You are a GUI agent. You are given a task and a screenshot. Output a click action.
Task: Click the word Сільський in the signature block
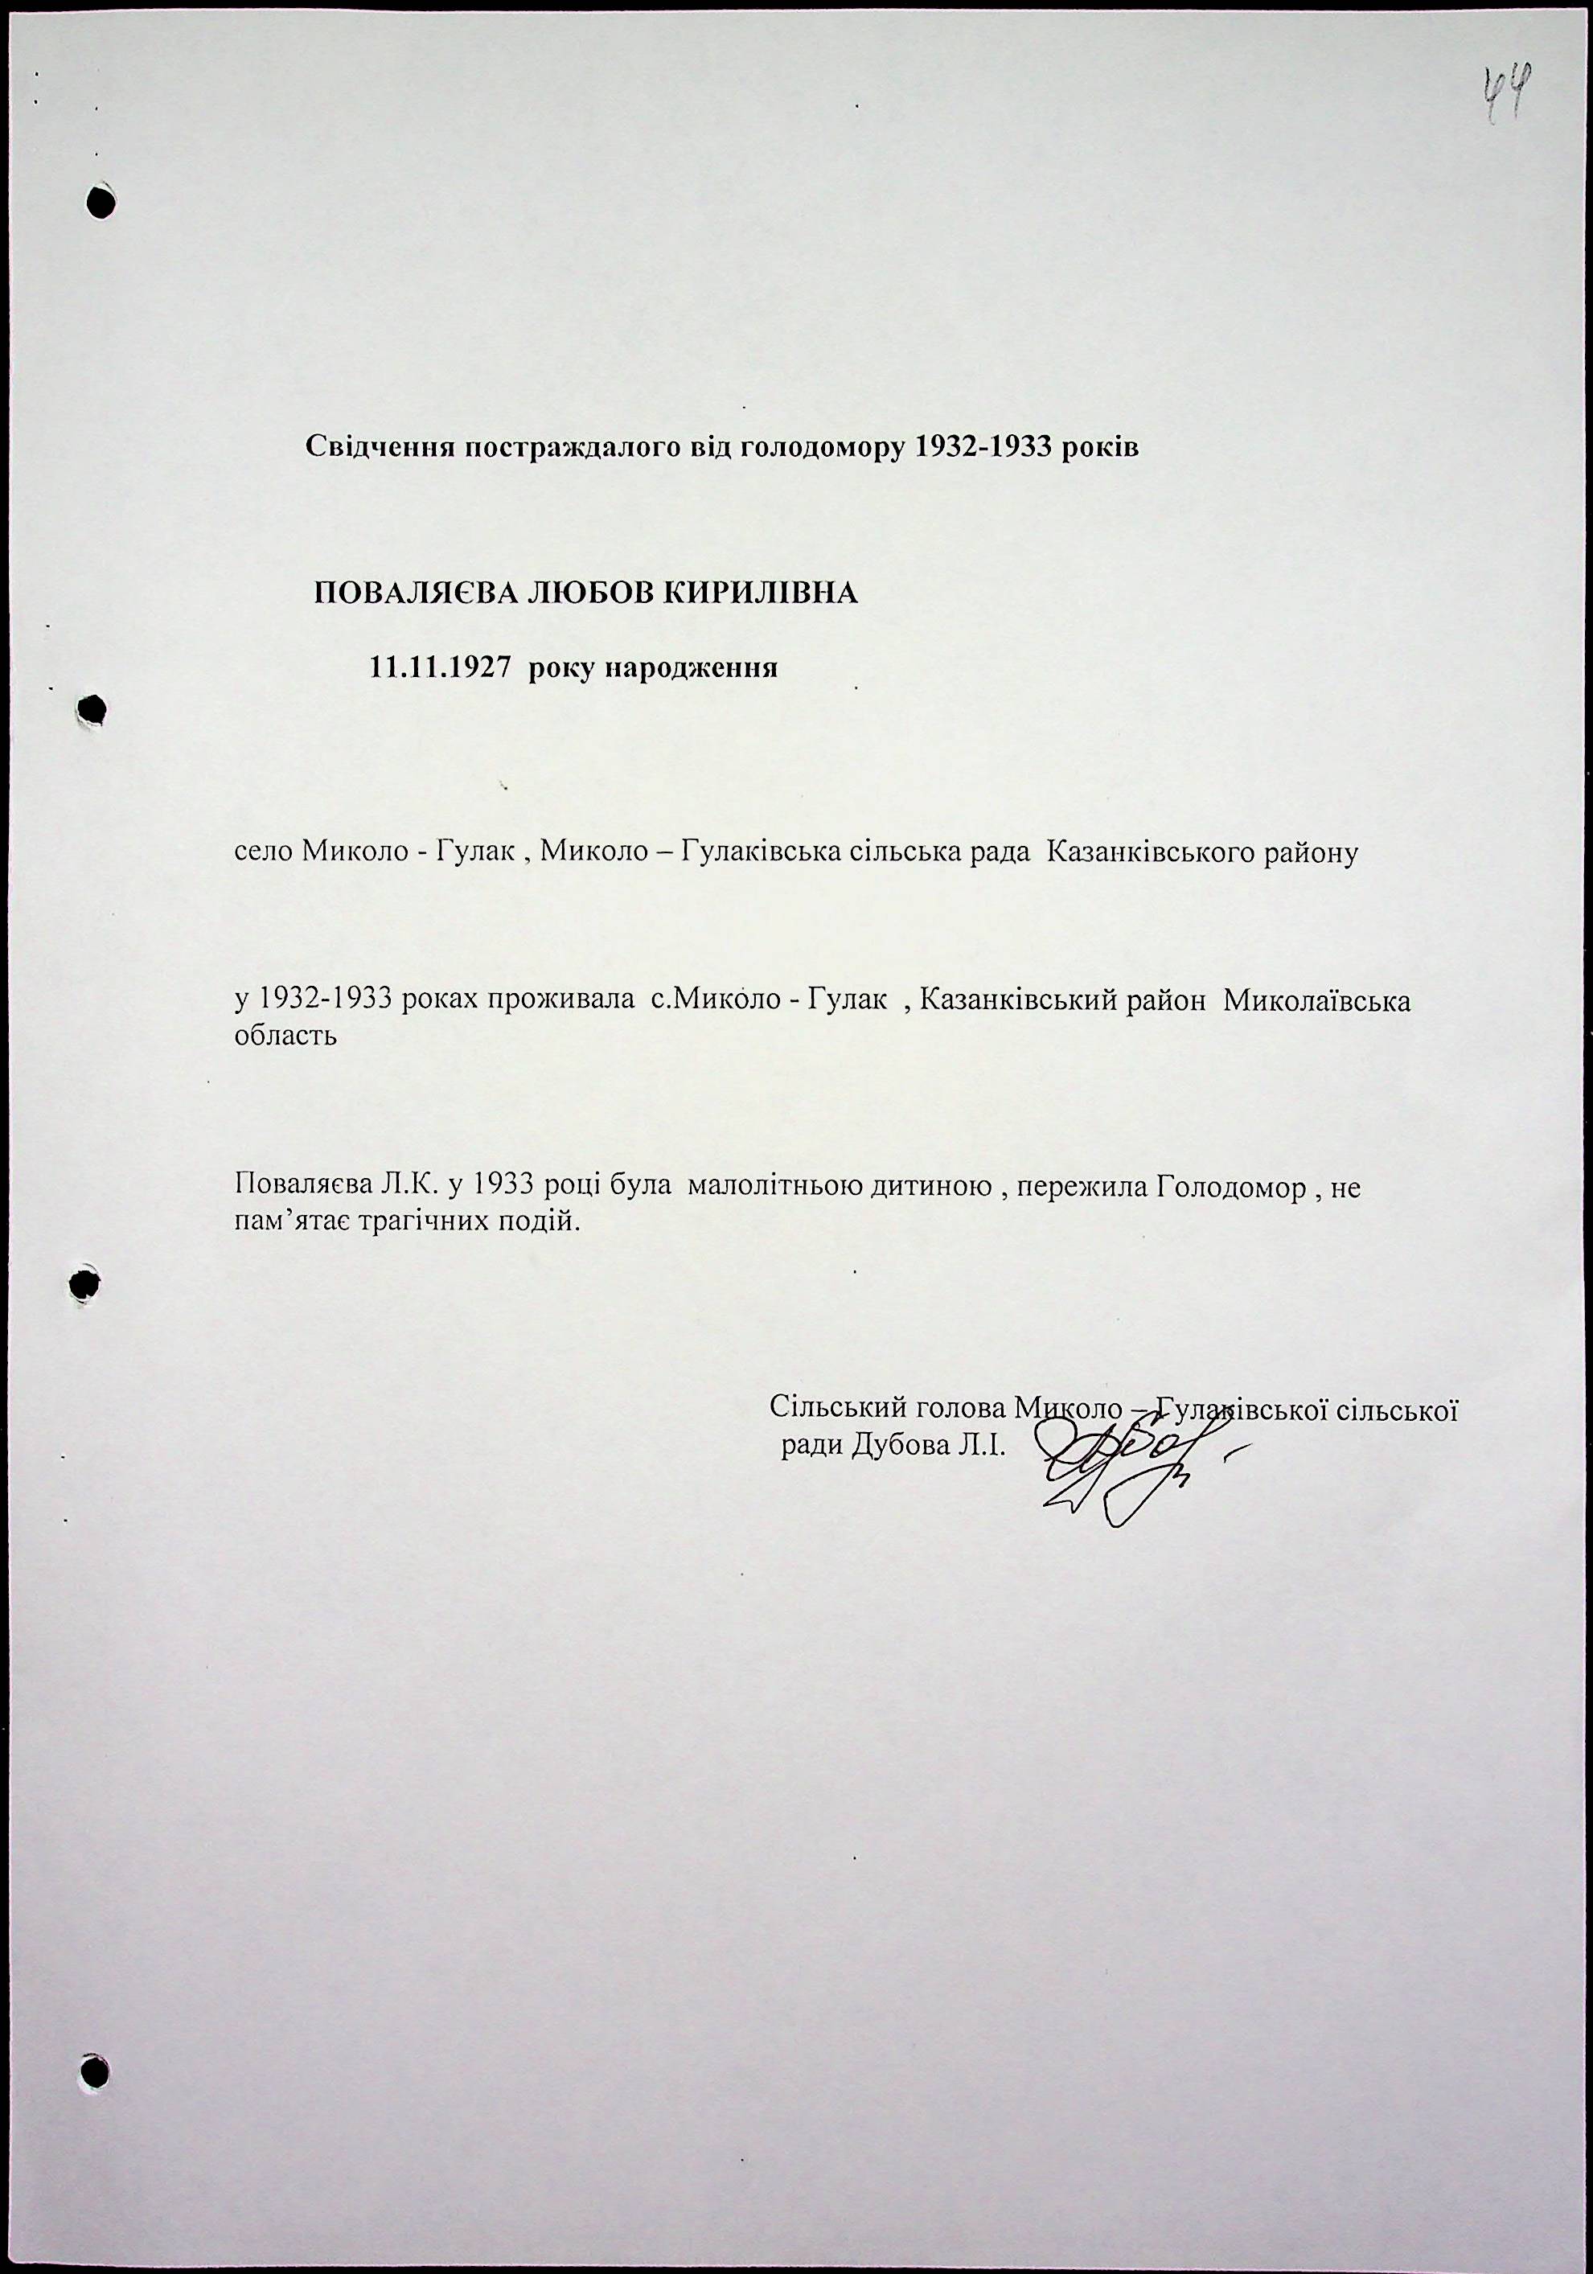click(836, 1407)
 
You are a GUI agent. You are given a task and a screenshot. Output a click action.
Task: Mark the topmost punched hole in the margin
click(100, 200)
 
